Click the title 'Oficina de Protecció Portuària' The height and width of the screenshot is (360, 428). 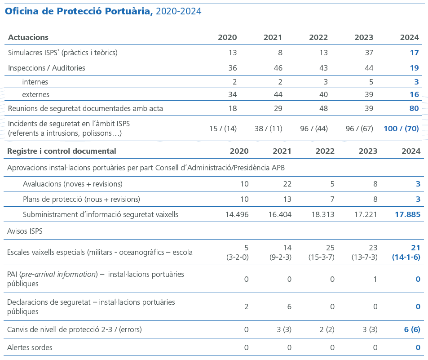click(x=79, y=11)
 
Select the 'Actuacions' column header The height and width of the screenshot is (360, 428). click(x=28, y=37)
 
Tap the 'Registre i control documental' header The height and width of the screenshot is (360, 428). click(x=62, y=151)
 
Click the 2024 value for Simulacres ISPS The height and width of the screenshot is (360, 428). click(x=414, y=53)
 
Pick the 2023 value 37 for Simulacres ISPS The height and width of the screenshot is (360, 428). click(x=369, y=53)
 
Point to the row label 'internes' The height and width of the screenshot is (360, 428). click(x=35, y=82)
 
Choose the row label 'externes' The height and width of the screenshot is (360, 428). click(x=35, y=94)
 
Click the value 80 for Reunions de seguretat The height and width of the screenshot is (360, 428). click(x=414, y=108)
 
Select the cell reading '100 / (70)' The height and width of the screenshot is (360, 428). click(x=401, y=129)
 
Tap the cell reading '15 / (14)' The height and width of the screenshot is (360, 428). click(x=223, y=129)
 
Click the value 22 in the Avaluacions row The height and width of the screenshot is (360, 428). click(x=287, y=184)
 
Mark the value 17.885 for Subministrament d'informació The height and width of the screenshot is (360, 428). click(x=407, y=214)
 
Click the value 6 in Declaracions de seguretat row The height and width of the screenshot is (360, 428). click(x=289, y=307)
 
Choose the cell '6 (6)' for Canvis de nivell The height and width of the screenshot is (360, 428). click(x=412, y=329)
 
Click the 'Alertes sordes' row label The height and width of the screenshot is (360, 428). click(x=30, y=347)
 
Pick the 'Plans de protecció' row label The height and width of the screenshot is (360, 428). click(x=81, y=199)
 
